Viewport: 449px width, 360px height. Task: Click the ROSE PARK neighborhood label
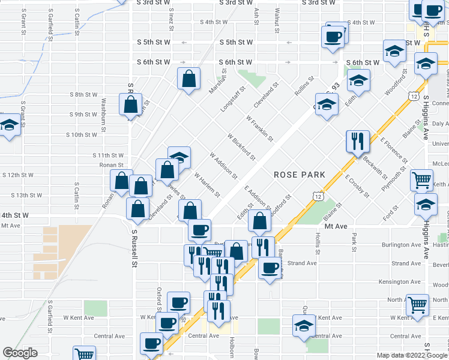point(300,175)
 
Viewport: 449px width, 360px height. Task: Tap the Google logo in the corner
point(20,353)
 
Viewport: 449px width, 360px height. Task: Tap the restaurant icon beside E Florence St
point(357,142)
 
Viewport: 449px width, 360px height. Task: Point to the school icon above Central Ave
point(304,326)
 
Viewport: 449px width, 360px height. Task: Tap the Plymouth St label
point(394,181)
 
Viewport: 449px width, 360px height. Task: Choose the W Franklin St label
point(259,128)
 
